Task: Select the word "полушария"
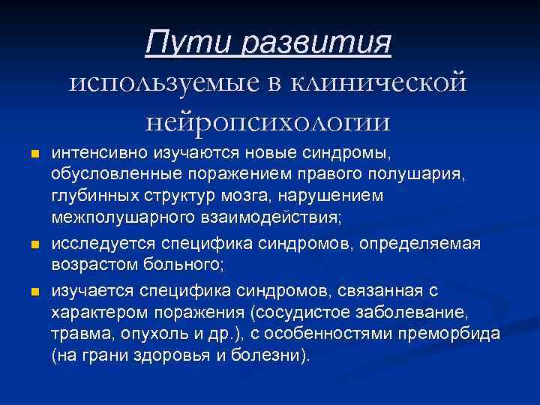click(429, 176)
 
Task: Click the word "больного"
click(184, 265)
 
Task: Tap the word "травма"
click(79, 333)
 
